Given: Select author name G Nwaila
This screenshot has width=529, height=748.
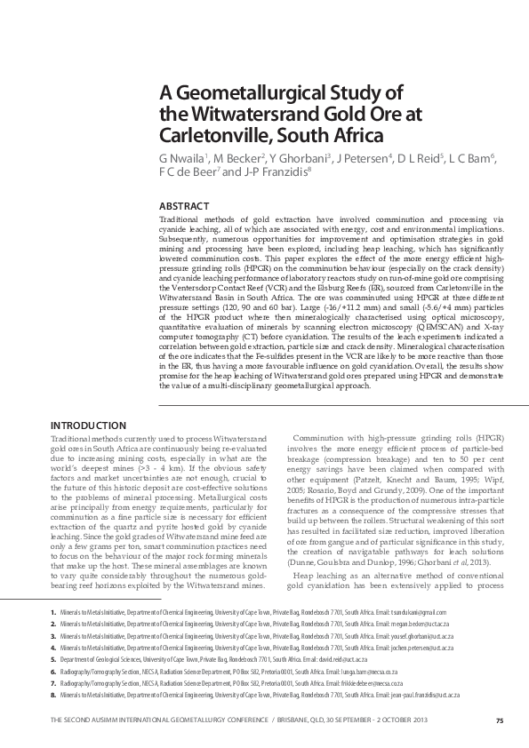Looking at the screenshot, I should click(183, 158).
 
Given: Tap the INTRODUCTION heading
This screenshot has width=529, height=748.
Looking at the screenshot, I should click(87, 425).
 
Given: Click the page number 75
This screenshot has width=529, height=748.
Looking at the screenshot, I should click(500, 719).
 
